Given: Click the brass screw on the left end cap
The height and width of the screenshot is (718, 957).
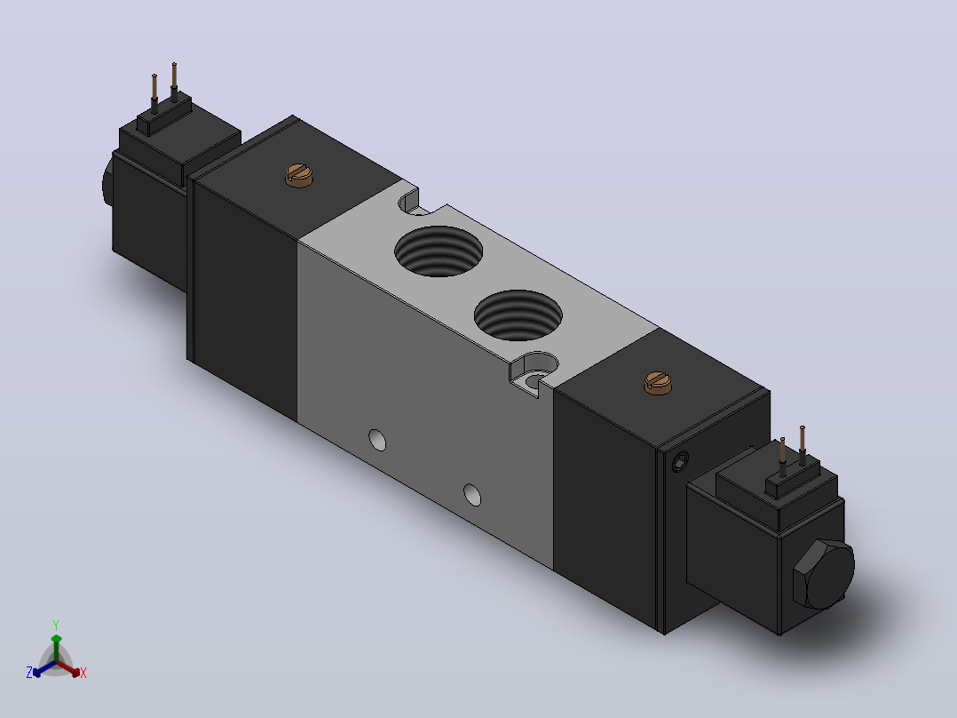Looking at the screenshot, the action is point(299,175).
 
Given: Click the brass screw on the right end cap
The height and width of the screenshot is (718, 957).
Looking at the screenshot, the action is point(658,382).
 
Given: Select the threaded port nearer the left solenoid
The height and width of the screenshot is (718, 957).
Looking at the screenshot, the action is point(439,251).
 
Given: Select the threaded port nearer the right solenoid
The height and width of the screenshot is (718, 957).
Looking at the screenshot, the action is point(518,315).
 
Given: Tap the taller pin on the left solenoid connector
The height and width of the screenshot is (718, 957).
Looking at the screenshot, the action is point(175,82).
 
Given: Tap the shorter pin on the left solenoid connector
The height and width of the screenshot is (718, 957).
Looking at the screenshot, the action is point(154,93).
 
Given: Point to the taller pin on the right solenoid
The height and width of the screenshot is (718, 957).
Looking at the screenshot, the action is point(802,445).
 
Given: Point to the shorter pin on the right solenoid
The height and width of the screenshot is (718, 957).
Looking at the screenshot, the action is point(782,457).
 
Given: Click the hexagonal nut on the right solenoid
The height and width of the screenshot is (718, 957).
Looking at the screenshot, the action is point(823,574).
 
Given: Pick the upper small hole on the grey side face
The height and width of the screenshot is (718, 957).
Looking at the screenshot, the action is point(378,440).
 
